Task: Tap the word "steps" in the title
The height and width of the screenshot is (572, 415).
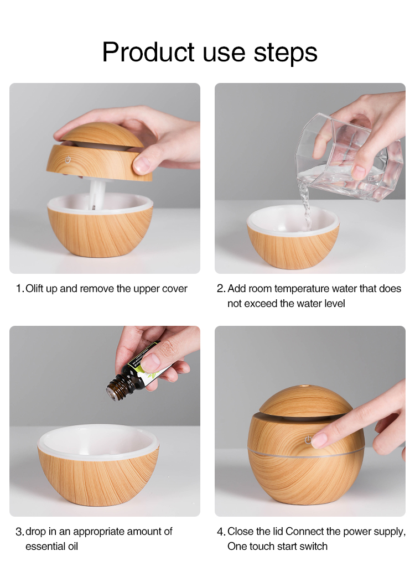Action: pos(286,52)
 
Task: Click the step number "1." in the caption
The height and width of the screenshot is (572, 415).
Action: pos(20,289)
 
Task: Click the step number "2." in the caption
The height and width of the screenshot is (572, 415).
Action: pos(221,289)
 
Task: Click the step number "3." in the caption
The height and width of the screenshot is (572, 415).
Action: pos(20,532)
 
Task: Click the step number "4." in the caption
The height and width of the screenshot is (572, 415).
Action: pos(221,532)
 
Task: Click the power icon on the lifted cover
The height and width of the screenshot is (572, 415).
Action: pos(68,158)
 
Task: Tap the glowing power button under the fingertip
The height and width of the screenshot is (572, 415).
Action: pos(308,441)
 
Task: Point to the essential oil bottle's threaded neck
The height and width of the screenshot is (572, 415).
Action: pos(117,389)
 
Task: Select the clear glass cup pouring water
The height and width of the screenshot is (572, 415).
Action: pos(349,155)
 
